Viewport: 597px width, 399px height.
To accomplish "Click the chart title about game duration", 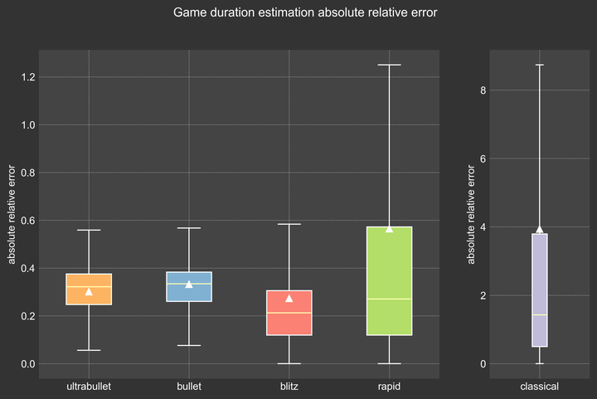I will pyautogui.click(x=305, y=13).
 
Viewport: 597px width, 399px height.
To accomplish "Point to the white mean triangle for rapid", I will pyautogui.click(x=389, y=228).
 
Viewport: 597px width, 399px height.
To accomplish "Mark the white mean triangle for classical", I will pyautogui.click(x=539, y=230).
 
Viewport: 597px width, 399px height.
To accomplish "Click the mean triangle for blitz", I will pyautogui.click(x=289, y=298).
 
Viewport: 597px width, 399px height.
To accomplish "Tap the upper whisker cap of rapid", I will pyautogui.click(x=389, y=65).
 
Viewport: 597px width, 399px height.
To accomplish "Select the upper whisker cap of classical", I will pyautogui.click(x=539, y=65).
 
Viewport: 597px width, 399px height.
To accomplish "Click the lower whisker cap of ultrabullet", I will pyautogui.click(x=89, y=350).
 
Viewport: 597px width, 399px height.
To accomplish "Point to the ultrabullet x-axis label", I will pyautogui.click(x=89, y=387).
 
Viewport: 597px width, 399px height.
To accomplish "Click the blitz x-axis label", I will pyautogui.click(x=289, y=387).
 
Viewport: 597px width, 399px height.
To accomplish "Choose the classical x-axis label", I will pyautogui.click(x=539, y=387).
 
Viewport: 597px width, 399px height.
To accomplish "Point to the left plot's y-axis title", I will pyautogui.click(x=12, y=214).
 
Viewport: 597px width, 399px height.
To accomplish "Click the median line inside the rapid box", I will pyautogui.click(x=389, y=299).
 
